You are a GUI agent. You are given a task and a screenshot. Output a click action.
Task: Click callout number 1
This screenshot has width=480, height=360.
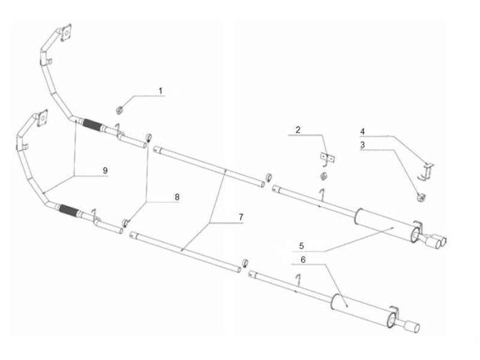tap(160, 91)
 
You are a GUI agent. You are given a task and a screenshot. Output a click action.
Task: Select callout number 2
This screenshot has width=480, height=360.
tap(298, 130)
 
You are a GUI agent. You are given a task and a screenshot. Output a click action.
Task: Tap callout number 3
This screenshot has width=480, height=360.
tap(362, 145)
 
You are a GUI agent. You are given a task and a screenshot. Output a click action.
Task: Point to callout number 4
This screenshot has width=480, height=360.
tap(362, 131)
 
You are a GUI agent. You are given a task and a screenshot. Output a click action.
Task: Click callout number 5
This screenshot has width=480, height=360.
tap(302, 246)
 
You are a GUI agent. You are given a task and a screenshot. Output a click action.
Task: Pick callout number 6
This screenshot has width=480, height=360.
tap(303, 260)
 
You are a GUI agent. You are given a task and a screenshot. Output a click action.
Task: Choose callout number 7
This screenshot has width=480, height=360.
tap(241, 217)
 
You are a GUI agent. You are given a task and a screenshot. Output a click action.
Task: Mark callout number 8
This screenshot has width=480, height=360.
tap(177, 197)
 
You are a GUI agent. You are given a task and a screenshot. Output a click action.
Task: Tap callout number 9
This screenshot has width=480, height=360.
tap(105, 170)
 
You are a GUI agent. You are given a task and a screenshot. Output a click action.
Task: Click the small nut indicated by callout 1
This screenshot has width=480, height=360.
tap(119, 110)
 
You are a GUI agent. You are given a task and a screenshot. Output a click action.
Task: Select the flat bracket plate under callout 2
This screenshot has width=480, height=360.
tap(327, 158)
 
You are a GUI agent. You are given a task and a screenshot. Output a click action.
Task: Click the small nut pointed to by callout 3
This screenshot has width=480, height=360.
tap(421, 198)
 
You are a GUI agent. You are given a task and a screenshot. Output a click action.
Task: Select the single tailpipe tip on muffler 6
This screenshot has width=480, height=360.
tap(412, 326)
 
